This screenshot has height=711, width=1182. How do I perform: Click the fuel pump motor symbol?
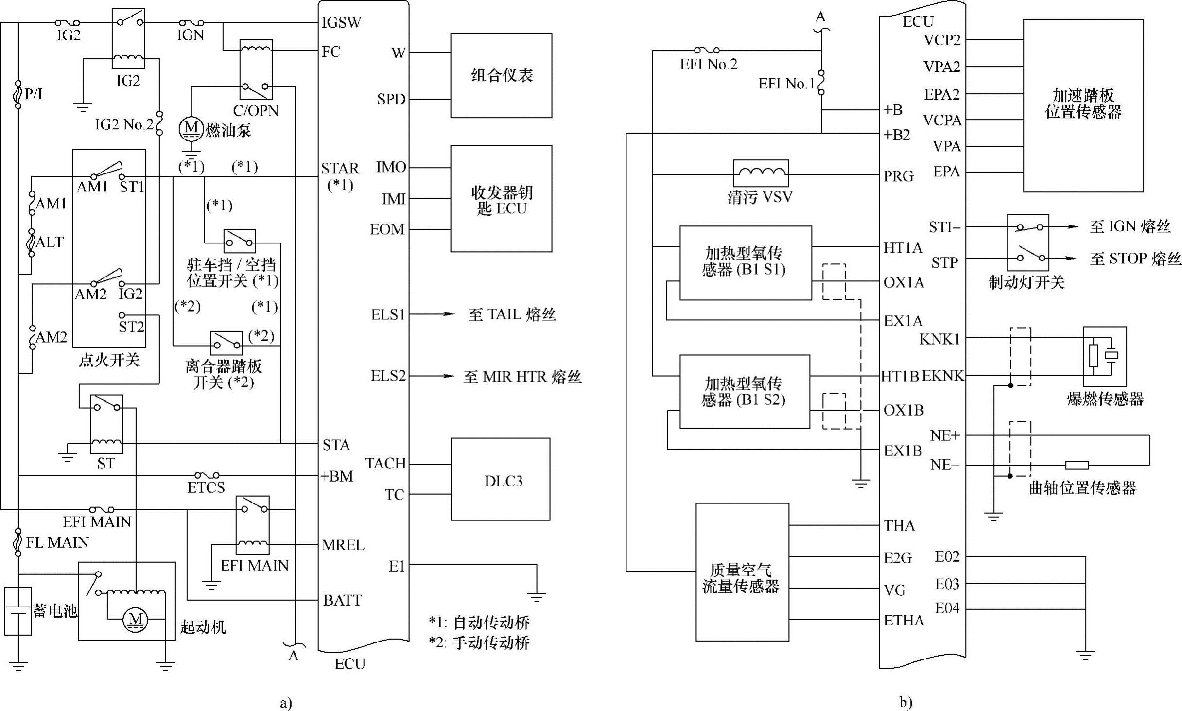coord(191,128)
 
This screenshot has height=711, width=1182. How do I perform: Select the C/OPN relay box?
coord(256,69)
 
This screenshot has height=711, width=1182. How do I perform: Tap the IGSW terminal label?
coord(342,22)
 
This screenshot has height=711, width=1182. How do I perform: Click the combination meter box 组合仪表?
coord(501,75)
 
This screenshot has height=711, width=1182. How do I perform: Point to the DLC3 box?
coord(501,479)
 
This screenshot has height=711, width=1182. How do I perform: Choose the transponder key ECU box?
coord(501,198)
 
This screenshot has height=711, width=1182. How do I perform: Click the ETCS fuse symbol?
coord(207,475)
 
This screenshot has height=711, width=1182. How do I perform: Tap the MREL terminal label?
coord(343,545)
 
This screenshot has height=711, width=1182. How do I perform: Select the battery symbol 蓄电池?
coord(18,611)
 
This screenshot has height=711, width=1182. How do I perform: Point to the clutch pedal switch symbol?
coord(226,343)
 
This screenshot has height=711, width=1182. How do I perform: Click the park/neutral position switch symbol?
coord(240,241)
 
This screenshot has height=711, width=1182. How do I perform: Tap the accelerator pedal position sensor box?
coord(1083,105)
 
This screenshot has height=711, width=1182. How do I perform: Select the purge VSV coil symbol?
coord(761,173)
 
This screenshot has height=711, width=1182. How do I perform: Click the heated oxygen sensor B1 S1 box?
coord(746,263)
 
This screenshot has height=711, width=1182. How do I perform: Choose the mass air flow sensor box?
coord(742,572)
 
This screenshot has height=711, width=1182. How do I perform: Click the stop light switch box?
coord(1028,243)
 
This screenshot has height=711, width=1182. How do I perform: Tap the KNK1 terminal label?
coord(939,339)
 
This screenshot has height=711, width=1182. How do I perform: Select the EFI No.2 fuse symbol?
coord(707,50)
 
